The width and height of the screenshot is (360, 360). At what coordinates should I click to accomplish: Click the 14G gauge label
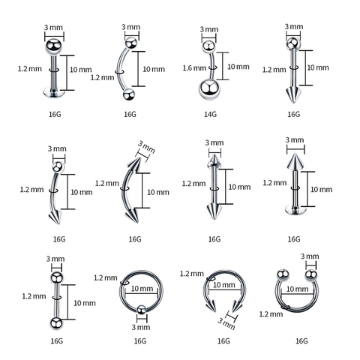tap(210, 114)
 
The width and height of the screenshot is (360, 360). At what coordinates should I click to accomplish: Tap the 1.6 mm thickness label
tap(194, 68)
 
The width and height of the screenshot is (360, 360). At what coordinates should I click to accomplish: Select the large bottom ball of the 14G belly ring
tap(209, 89)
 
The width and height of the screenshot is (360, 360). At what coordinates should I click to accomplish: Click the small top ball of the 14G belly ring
tap(208, 46)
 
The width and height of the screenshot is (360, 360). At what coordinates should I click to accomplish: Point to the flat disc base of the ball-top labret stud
tap(54, 92)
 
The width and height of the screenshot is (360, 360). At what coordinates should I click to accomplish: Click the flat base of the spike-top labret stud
tap(295, 209)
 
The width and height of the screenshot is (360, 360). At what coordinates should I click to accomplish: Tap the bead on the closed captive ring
tap(142, 310)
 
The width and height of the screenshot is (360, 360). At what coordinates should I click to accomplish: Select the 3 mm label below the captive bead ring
tap(141, 327)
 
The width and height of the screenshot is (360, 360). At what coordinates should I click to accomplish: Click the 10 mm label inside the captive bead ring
tap(142, 289)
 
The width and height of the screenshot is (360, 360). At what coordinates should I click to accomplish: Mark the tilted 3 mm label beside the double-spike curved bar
tap(146, 147)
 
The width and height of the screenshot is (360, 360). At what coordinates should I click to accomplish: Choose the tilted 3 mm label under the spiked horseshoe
tap(226, 323)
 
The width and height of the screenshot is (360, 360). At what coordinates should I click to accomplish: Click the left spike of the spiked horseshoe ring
tap(211, 305)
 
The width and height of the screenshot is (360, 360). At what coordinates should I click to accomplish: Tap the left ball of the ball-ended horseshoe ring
tap(283, 274)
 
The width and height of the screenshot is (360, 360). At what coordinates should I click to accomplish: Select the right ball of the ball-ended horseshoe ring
tap(311, 275)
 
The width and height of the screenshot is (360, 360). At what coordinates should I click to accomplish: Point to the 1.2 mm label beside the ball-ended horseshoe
tap(271, 314)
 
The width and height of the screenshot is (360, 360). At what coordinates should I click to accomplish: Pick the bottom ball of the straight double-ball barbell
tap(56, 323)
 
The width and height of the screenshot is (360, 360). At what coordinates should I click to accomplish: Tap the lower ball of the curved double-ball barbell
tap(129, 94)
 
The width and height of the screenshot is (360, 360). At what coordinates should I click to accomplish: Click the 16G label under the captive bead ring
tap(140, 341)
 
